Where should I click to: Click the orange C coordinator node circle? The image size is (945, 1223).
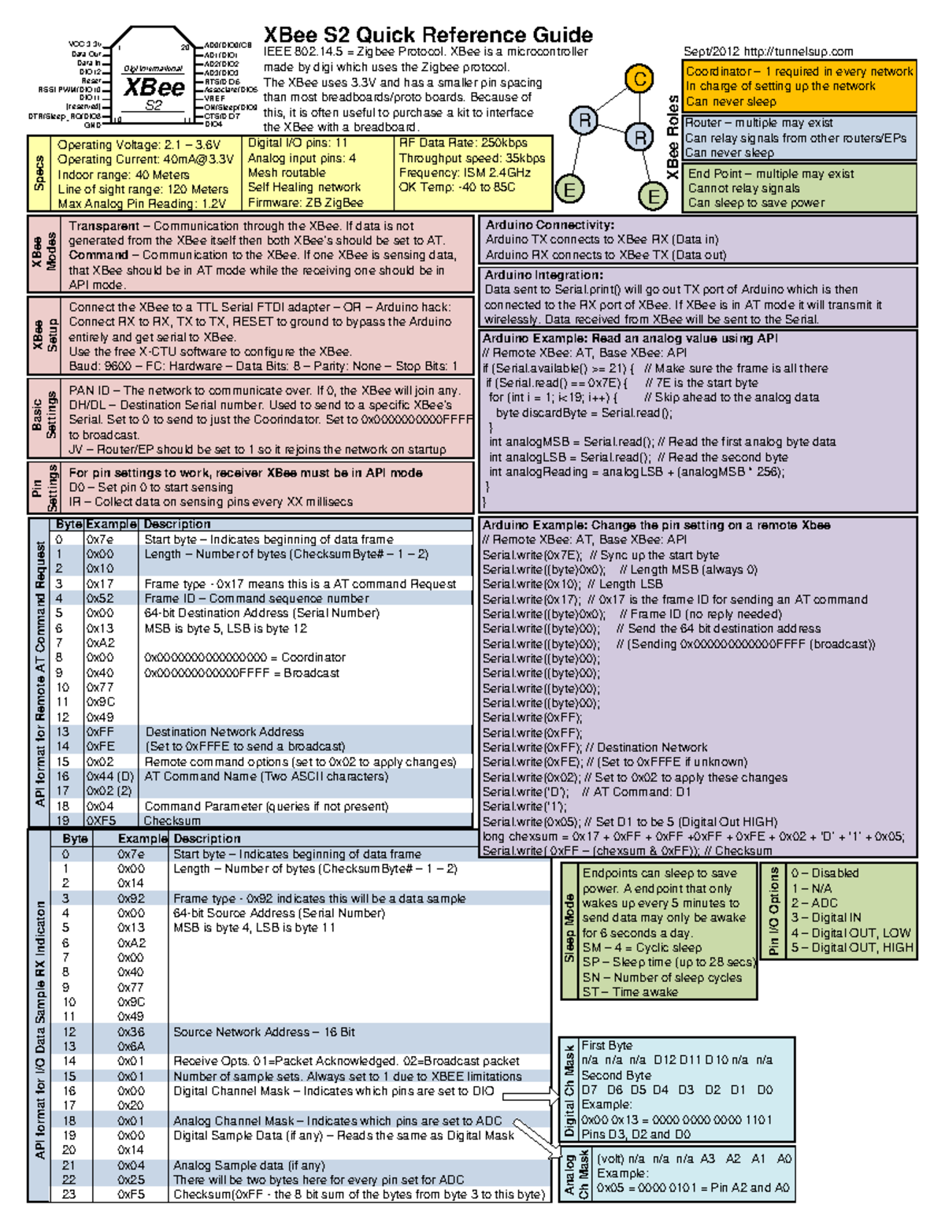coord(639,79)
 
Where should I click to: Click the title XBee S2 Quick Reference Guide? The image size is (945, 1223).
coord(428,35)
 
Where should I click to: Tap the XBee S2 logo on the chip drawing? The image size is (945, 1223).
coord(154,89)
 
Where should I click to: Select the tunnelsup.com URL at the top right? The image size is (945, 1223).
coord(798,52)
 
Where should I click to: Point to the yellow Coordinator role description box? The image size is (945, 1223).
coord(799,86)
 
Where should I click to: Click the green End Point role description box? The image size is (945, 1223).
coord(799,187)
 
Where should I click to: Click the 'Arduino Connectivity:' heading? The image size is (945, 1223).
coord(550,225)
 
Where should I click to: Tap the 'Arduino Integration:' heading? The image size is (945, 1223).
coord(543,275)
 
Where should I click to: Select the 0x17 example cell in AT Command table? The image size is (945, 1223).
coord(100,584)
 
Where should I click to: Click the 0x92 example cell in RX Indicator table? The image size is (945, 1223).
coord(131,899)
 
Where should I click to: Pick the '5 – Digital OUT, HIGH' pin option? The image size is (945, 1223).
coord(851,947)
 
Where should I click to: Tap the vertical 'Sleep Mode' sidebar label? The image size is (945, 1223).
coord(569,929)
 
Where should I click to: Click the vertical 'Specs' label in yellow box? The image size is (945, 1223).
coord(39,173)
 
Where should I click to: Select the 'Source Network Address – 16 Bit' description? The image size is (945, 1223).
coord(264,1032)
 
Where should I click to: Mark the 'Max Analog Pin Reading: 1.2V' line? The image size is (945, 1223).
coord(142,203)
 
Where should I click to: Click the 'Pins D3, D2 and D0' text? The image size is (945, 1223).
coord(636,1135)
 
